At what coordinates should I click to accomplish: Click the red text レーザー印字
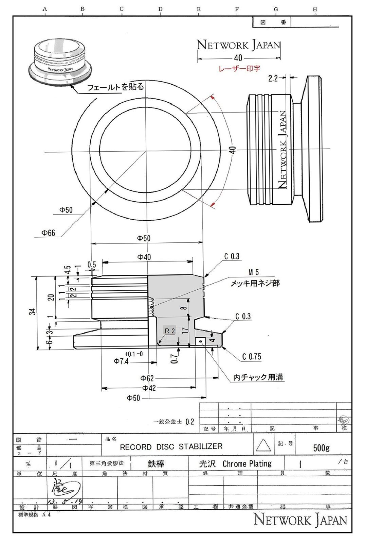click(239, 68)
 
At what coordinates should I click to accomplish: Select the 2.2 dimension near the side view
click(273, 79)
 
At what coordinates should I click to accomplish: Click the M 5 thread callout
click(253, 272)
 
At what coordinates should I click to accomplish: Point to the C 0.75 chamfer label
click(252, 356)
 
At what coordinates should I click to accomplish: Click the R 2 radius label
click(170, 330)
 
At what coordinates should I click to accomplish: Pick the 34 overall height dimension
click(32, 311)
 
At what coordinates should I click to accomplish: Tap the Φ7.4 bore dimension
click(121, 361)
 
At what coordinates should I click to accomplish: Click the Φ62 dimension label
click(147, 378)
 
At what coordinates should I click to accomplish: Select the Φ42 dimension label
click(149, 388)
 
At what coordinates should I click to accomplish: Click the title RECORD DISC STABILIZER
click(171, 446)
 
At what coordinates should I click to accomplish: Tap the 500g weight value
click(321, 448)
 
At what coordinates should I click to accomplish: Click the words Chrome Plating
click(247, 464)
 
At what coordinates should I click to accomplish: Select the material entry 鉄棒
click(156, 464)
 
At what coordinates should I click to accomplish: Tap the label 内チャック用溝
click(258, 377)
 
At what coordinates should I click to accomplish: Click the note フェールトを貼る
click(115, 87)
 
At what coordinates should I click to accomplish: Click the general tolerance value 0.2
click(190, 422)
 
